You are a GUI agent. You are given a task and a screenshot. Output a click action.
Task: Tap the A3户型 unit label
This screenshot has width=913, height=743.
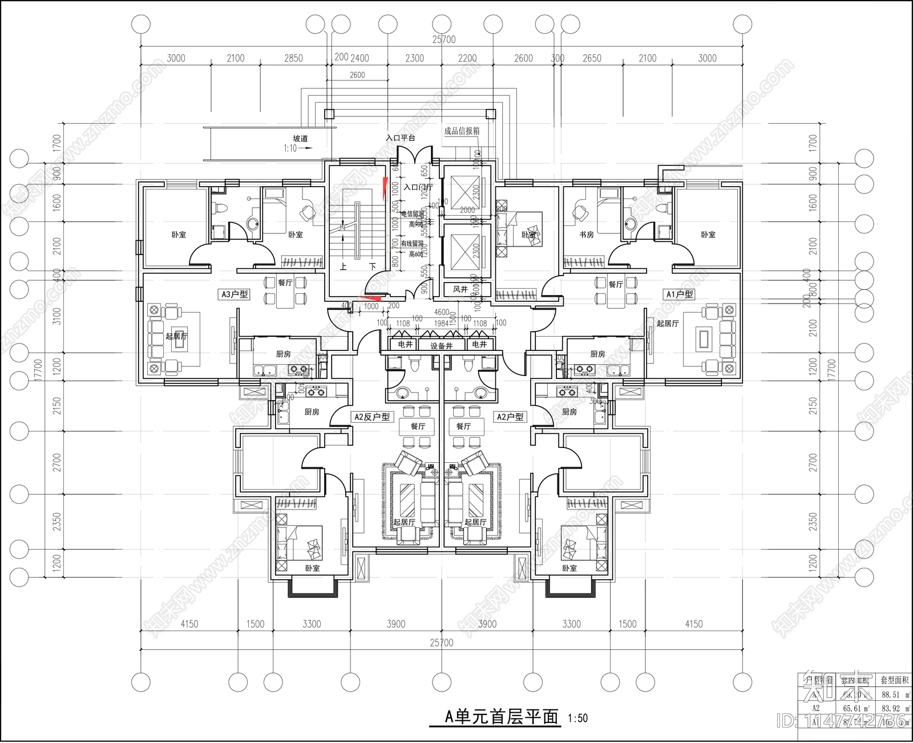(235, 294)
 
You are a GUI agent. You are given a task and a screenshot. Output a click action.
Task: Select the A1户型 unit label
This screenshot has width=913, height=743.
(679, 294)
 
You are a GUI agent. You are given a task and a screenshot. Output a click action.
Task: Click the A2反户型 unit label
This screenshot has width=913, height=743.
(372, 417)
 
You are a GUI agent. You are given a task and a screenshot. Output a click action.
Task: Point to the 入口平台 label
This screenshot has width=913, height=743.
(400, 138)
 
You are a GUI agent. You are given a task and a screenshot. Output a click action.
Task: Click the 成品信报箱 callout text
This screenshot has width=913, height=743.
(462, 131)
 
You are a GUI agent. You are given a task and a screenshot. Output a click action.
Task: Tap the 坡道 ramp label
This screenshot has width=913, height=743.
(300, 139)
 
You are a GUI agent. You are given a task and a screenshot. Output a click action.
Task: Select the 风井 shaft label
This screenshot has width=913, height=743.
(460, 289)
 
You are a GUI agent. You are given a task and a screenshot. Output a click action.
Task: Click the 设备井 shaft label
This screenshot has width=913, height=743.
(441, 345)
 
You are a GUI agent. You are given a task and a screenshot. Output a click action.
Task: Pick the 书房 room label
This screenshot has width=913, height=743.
(587, 235)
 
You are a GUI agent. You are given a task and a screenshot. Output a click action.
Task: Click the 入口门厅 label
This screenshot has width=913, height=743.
(418, 187)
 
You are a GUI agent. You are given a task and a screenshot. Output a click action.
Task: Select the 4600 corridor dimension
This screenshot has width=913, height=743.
(442, 312)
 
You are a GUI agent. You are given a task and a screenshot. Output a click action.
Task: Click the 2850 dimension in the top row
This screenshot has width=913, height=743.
(293, 58)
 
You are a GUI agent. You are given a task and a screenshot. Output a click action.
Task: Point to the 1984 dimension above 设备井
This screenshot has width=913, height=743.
(441, 324)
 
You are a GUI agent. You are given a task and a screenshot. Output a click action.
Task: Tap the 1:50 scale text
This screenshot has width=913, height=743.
(577, 718)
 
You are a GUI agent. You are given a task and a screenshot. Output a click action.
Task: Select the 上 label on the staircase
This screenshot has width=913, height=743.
(343, 266)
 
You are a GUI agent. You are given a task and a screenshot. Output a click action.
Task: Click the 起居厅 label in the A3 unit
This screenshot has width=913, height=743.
(176, 336)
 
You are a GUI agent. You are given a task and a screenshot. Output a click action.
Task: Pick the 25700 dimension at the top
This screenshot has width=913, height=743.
(444, 39)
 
